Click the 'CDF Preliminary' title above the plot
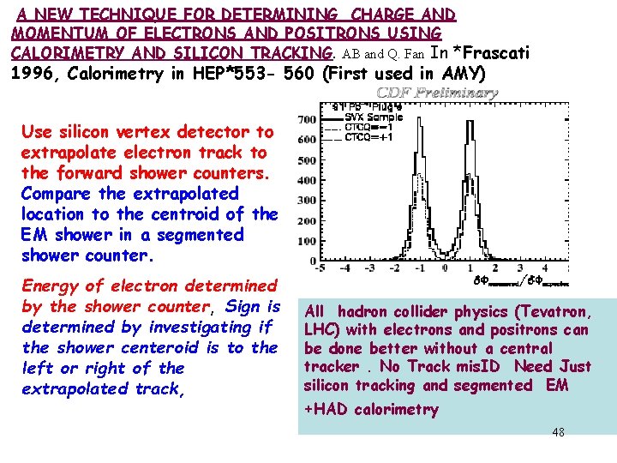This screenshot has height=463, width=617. click(437, 93)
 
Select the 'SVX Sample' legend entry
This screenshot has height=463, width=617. click(374, 116)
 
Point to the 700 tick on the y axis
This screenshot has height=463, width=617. click(306, 119)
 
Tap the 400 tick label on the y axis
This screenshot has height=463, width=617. click(306, 181)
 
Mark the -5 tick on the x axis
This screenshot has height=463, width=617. click(320, 268)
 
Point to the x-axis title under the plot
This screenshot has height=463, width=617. click(519, 281)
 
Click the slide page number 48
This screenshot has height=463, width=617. click(558, 432)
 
